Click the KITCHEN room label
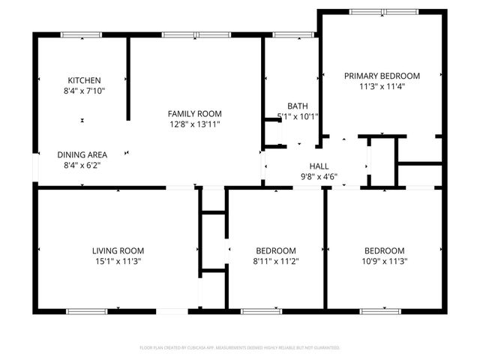point(84,80)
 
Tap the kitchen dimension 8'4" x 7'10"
point(84,91)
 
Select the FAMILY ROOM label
point(194,114)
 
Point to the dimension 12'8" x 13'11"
point(194,124)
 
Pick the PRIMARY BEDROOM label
point(382,76)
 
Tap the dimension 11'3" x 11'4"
point(382,86)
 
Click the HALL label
point(319,166)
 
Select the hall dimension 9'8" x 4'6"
point(319,177)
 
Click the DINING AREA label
point(82,154)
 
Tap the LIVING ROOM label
point(118,250)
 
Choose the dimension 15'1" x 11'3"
point(118,261)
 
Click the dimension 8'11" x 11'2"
point(276,261)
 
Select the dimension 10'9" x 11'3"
point(384,261)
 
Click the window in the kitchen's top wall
point(82,34)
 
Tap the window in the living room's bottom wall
point(88,310)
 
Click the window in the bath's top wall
point(292,34)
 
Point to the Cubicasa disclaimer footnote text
point(240,348)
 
